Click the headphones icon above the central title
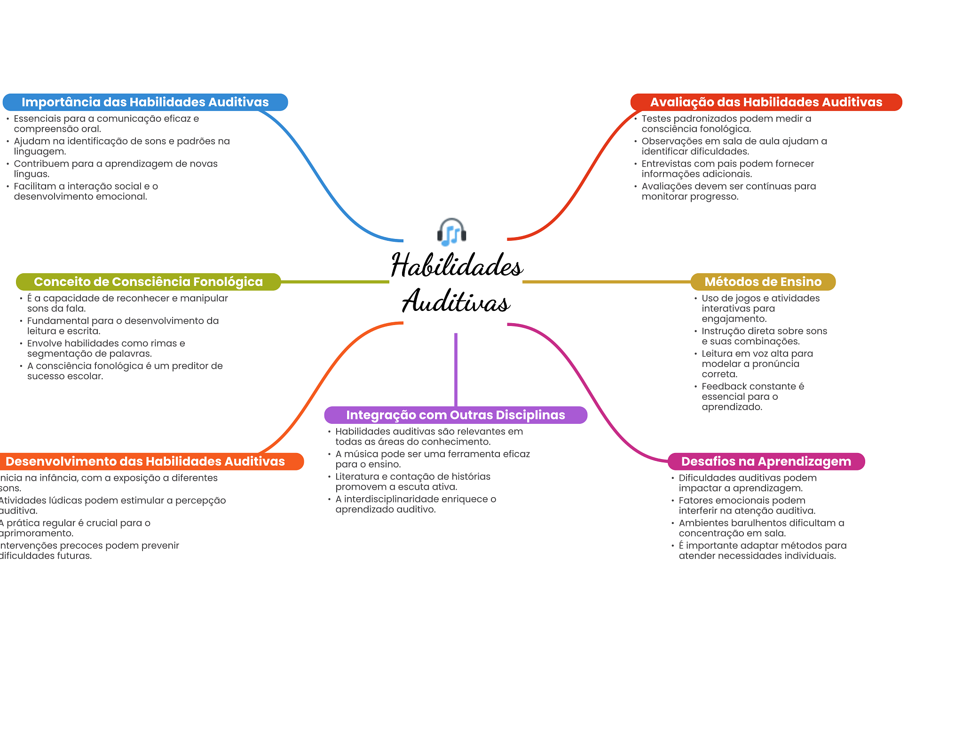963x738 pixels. (451, 232)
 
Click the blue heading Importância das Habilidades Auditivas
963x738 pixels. (145, 102)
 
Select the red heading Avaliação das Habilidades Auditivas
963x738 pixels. (766, 102)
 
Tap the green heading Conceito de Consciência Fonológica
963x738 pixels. (148, 282)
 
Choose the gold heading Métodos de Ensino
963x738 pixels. (763, 282)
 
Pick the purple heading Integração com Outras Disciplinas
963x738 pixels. (455, 415)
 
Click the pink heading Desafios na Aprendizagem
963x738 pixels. (766, 461)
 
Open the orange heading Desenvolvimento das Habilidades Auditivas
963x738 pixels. (145, 461)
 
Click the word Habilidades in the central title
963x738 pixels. (457, 266)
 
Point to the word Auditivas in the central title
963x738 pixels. (456, 302)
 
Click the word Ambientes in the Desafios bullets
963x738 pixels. (700, 523)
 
